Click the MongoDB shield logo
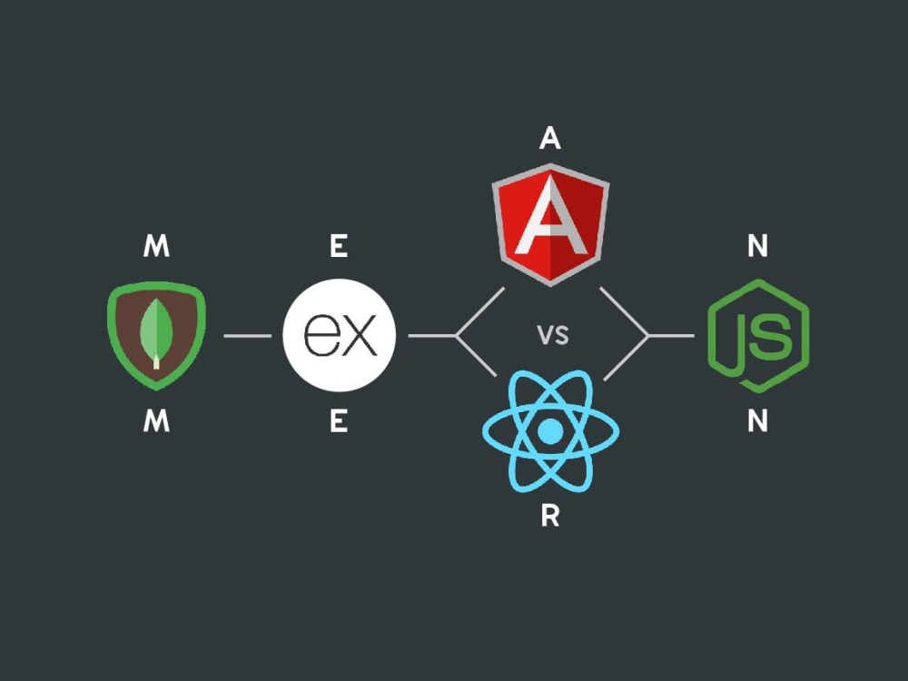[x=156, y=335]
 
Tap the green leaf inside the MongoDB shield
[x=156, y=331]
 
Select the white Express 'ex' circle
[x=340, y=335]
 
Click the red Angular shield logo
[x=550, y=224]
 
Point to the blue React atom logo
[x=550, y=431]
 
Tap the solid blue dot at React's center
[x=550, y=431]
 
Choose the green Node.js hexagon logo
[x=758, y=336]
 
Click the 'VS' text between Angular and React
[x=553, y=335]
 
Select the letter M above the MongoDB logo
[x=156, y=246]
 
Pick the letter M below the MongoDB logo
[x=156, y=421]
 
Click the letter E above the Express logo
[x=339, y=246]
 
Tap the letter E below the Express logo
[x=339, y=421]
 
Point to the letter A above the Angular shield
[x=550, y=138]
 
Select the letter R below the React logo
[x=550, y=516]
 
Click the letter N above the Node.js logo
[x=758, y=246]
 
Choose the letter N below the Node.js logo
[x=758, y=421]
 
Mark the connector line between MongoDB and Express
[x=247, y=336]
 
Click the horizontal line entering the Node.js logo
[x=671, y=336]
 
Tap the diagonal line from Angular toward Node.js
[x=625, y=311]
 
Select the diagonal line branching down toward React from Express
[x=476, y=356]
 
